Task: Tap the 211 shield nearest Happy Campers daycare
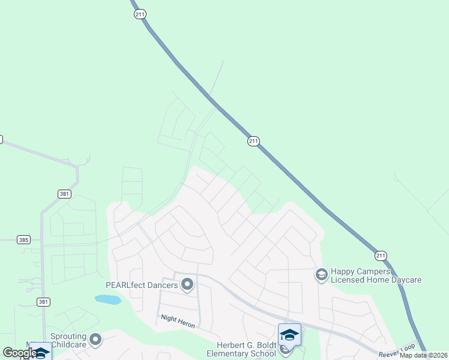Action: (x=379, y=256)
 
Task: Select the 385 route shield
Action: (x=23, y=240)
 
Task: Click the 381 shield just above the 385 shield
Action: (x=64, y=194)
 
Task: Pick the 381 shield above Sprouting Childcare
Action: (x=43, y=302)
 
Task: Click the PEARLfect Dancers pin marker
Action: (x=187, y=284)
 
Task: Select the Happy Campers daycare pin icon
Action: (x=321, y=275)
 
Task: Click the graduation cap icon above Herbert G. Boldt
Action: (x=289, y=335)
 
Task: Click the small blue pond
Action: (x=107, y=299)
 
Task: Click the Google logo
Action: (x=19, y=353)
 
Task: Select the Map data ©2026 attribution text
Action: (x=423, y=355)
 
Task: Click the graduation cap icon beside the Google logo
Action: (x=41, y=352)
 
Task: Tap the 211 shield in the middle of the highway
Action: (x=253, y=141)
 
